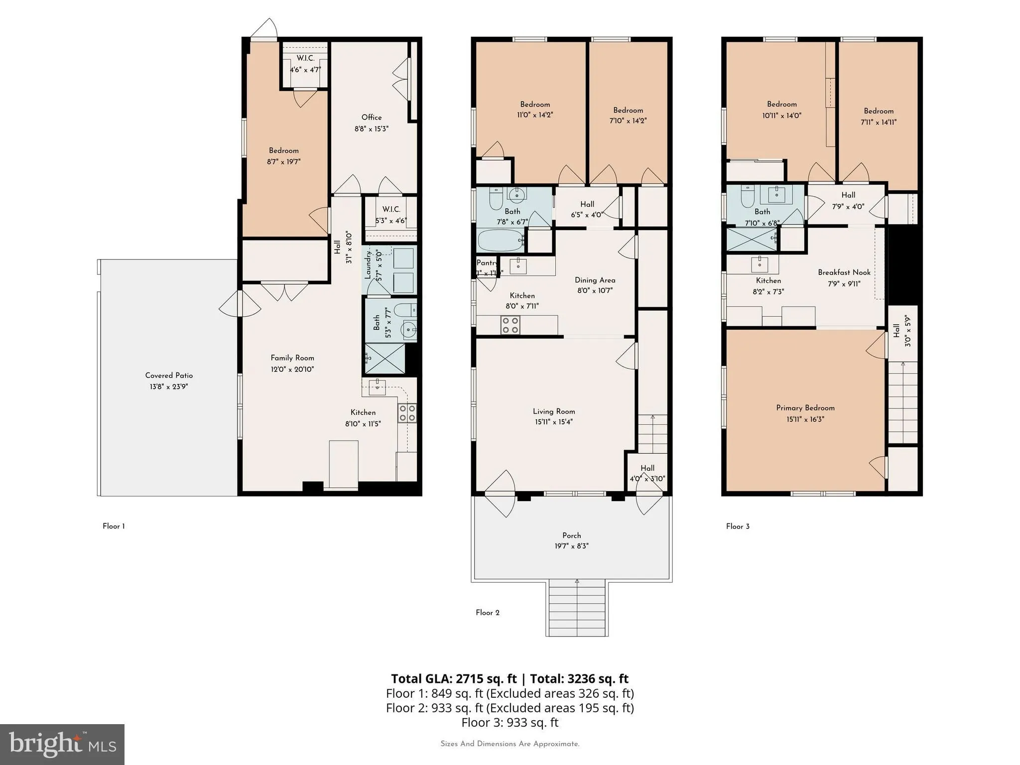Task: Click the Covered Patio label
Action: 169,376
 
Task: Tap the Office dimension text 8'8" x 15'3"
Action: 371,128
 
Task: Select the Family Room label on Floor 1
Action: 292,358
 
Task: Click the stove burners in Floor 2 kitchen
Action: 510,325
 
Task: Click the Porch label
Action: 571,535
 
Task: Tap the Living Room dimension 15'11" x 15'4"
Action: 554,422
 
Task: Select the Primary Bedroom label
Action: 805,408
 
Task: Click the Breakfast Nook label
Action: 844,272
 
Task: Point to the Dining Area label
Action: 595,280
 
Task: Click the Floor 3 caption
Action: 737,526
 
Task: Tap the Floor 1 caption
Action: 114,526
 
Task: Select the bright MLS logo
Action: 62,744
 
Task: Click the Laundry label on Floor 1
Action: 369,265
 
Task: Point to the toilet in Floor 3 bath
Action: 747,197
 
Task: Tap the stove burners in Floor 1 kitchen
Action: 407,413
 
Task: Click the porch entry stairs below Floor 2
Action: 577,608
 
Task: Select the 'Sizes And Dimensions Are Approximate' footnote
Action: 510,744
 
